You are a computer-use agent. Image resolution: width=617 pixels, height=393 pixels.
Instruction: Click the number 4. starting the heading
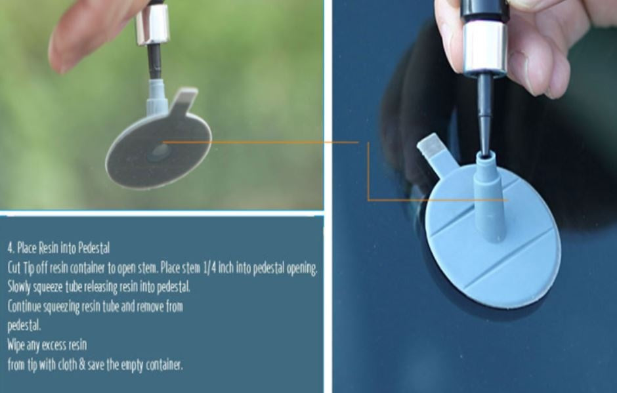(11, 248)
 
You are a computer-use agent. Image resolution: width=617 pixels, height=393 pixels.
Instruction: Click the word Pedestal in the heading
(94, 248)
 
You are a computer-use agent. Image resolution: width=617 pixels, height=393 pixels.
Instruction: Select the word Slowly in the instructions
(19, 287)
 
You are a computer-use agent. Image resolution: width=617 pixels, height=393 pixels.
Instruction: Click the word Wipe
(16, 345)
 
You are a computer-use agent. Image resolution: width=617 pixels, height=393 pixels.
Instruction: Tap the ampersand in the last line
(82, 365)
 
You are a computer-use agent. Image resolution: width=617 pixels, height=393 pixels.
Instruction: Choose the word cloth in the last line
(67, 365)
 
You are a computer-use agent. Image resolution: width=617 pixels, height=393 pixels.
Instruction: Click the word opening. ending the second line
(302, 269)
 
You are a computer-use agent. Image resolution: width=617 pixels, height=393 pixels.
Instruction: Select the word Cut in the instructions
(14, 268)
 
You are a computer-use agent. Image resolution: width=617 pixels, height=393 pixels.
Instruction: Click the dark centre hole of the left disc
(160, 153)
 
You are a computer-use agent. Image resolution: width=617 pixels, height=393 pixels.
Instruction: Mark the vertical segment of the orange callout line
(368, 171)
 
